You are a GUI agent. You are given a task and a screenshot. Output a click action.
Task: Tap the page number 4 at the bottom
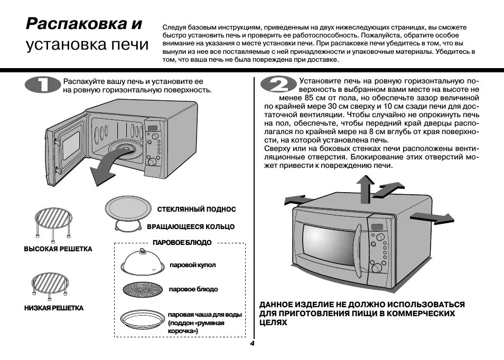pyautogui.click(x=252, y=344)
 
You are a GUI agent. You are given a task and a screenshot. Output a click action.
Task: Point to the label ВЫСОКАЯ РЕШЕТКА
pyautogui.click(x=58, y=249)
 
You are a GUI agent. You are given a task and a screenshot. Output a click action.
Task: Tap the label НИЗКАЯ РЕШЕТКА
pyautogui.click(x=54, y=308)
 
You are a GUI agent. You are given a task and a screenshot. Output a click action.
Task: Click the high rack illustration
pyautogui.click(x=53, y=221)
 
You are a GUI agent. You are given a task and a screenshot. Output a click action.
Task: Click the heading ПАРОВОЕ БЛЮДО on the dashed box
pyautogui.click(x=182, y=242)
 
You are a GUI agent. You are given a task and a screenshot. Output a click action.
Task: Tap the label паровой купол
pyautogui.click(x=193, y=265)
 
